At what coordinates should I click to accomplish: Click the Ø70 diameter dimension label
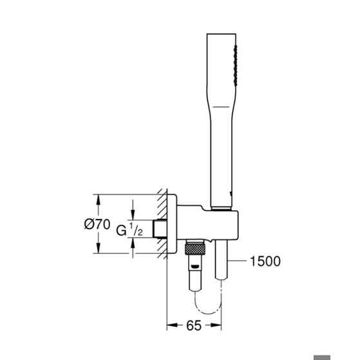coord(97,224)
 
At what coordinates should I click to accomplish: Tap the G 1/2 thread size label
coord(129,230)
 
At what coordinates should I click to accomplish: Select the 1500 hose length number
coord(265,261)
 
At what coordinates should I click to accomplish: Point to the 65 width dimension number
coord(194,325)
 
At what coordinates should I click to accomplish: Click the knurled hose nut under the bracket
coord(195,249)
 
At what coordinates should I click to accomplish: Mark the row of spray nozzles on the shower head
coord(235,66)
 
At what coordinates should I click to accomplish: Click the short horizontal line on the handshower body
coord(221,107)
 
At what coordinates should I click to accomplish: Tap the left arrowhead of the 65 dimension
coord(172,325)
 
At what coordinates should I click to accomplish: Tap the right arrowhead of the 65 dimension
coord(216,325)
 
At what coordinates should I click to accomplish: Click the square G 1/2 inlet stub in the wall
coord(160,229)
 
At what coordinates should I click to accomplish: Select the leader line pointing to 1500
coord(237,261)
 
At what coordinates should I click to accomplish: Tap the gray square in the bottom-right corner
coord(322,357)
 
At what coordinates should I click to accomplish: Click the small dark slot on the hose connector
coord(195,267)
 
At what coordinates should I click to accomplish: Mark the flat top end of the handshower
coord(222,34)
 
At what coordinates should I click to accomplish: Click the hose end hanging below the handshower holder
coord(222,260)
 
